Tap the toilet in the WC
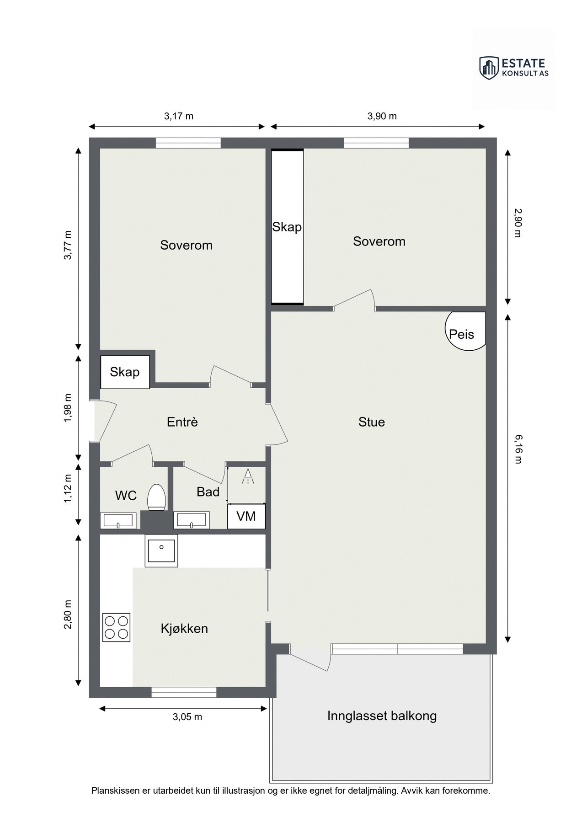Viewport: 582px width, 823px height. click(x=156, y=497)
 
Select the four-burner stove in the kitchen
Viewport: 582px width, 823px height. click(x=116, y=627)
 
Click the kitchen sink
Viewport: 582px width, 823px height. click(x=161, y=550)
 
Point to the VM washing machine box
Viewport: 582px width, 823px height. click(x=246, y=516)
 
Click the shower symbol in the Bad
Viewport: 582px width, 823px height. click(x=247, y=476)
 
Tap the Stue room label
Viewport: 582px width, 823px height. click(x=371, y=422)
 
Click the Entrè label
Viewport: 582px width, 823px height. click(x=182, y=422)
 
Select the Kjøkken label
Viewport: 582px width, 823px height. click(x=184, y=628)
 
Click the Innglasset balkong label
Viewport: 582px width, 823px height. click(x=382, y=716)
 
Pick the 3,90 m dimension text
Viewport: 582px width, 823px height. click(x=382, y=116)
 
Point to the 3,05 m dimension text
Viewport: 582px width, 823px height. click(x=187, y=716)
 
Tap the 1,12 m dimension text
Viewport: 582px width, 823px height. click(x=68, y=488)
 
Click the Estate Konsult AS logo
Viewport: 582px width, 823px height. click(x=514, y=68)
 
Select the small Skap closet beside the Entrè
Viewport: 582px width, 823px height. click(x=125, y=372)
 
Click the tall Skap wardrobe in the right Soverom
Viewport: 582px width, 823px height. click(x=287, y=227)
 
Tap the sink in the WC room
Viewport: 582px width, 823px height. click(x=118, y=520)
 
